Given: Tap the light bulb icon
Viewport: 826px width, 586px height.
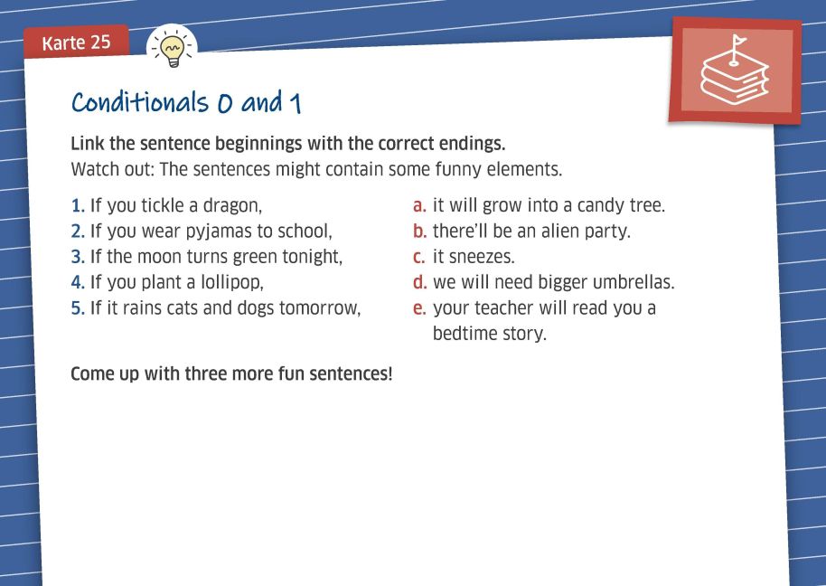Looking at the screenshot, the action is (173, 48).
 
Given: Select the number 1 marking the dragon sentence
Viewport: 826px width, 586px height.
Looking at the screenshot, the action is (78, 205).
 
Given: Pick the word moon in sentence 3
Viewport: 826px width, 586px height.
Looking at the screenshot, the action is (159, 257).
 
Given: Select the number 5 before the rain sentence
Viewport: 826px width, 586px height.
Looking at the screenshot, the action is (78, 308).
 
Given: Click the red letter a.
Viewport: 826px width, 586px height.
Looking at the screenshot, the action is (419, 206).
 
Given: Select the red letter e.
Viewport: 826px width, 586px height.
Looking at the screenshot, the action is (419, 308).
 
